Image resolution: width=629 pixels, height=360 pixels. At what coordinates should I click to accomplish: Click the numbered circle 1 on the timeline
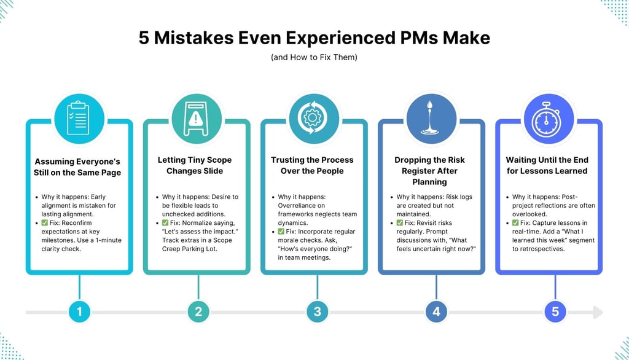click(79, 311)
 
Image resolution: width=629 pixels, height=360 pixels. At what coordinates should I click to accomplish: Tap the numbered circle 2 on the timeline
click(198, 311)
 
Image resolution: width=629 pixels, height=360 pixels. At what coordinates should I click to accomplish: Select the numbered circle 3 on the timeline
click(318, 311)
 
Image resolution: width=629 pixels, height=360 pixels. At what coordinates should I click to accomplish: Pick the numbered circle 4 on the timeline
click(436, 311)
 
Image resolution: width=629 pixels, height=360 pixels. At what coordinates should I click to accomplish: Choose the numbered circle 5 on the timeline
click(555, 311)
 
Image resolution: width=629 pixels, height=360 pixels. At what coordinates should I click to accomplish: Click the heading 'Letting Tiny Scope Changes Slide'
click(198, 165)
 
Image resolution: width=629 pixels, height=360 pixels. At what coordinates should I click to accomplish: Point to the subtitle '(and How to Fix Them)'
click(314, 58)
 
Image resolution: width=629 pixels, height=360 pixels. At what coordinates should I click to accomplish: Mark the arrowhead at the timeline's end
click(598, 312)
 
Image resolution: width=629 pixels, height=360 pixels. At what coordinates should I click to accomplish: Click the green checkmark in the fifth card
click(517, 223)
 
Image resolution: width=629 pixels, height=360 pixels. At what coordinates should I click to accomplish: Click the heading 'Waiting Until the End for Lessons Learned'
click(555, 165)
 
